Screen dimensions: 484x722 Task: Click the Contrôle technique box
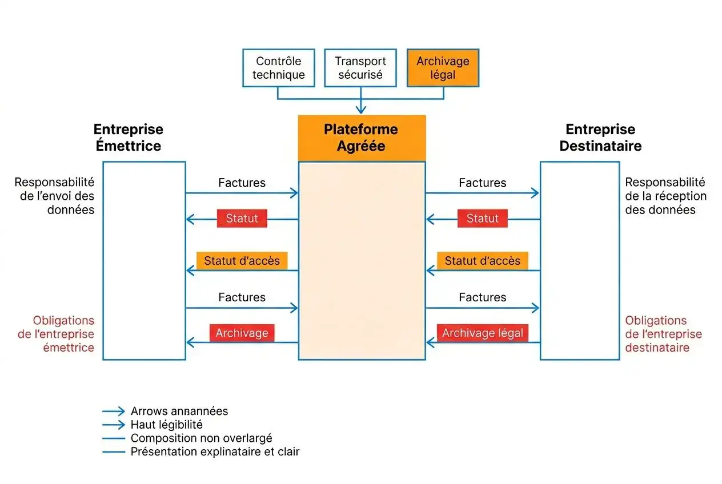(278, 68)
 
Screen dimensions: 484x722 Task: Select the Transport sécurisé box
(360, 68)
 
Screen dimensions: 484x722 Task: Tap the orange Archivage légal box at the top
(443, 68)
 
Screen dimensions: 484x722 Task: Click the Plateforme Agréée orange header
(362, 138)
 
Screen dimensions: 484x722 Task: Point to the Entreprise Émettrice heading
(128, 138)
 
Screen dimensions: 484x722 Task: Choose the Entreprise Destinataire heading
(600, 138)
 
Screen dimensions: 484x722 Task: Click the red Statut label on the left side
(242, 219)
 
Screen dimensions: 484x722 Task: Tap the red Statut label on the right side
(482, 219)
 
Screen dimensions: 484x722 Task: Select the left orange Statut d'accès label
(242, 261)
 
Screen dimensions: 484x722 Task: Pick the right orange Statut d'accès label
(482, 261)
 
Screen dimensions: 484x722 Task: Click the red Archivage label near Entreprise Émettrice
(242, 333)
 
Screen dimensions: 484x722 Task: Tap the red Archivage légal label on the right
(482, 333)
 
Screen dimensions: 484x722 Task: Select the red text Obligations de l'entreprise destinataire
(663, 334)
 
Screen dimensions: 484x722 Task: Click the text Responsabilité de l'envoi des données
(54, 196)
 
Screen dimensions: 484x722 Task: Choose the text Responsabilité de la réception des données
(665, 196)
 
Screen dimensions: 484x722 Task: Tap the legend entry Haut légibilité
(166, 425)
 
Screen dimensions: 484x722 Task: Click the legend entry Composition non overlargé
(201, 438)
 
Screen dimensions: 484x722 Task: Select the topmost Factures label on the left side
(242, 183)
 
